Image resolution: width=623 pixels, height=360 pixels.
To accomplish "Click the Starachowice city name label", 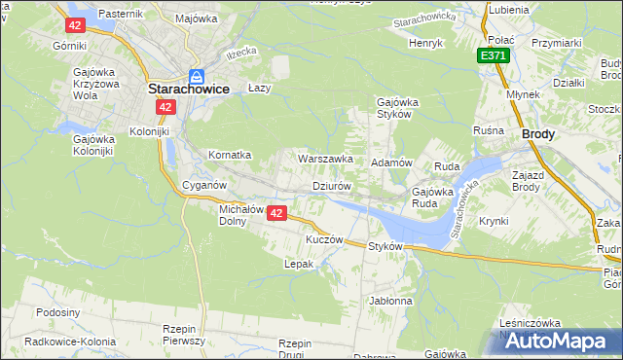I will (x=188, y=89).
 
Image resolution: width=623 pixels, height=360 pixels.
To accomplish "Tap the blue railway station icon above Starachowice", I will (x=196, y=75).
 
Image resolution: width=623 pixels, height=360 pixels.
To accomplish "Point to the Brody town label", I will (x=538, y=135).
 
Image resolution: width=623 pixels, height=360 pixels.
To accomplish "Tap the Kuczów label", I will (x=325, y=239).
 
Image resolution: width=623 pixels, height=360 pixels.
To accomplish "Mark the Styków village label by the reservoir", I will (x=385, y=247).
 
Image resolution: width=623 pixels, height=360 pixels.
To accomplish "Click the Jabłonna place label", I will (x=391, y=302).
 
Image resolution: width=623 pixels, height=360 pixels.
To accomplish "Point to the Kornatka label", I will (x=231, y=155).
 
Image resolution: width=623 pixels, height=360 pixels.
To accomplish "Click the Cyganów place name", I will (x=204, y=185).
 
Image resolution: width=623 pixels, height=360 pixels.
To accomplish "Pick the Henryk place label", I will (x=425, y=44).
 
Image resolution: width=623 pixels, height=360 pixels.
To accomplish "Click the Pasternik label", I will (x=121, y=14).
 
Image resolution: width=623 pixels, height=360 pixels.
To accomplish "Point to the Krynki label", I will (x=494, y=221).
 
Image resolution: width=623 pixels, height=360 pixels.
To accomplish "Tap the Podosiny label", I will (x=57, y=312).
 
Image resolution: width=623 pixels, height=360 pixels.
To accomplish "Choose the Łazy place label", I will (x=258, y=88).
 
